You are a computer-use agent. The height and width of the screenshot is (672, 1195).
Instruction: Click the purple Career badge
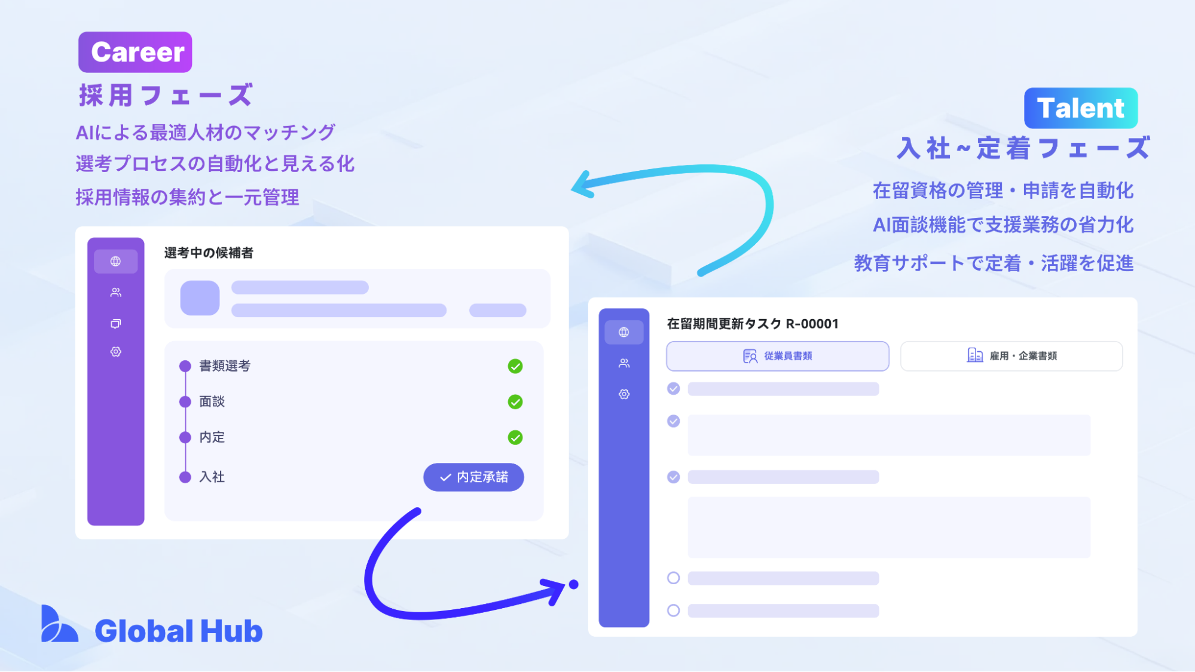pyautogui.click(x=135, y=52)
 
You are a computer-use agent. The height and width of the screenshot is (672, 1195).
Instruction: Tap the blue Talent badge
pyautogui.click(x=1080, y=108)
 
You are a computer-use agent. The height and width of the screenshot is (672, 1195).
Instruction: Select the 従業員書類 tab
pyautogui.click(x=777, y=356)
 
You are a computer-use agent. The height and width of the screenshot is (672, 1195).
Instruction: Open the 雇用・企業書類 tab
pyautogui.click(x=1011, y=356)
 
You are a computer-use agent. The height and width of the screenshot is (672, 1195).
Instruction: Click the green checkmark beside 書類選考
pyautogui.click(x=515, y=366)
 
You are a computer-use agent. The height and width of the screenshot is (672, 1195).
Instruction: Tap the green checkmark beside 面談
pyautogui.click(x=515, y=402)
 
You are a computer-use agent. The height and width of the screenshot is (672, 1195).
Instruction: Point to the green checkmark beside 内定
pyautogui.click(x=515, y=438)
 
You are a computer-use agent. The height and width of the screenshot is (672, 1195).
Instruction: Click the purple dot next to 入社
pyautogui.click(x=185, y=477)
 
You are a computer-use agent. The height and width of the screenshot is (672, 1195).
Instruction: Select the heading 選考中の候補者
pyautogui.click(x=209, y=253)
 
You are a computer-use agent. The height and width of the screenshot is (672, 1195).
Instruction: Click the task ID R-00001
pyautogui.click(x=812, y=324)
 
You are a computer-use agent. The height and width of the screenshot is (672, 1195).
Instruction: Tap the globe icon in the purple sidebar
pyautogui.click(x=115, y=262)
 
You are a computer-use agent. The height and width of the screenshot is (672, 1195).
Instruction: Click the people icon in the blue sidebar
pyautogui.click(x=624, y=363)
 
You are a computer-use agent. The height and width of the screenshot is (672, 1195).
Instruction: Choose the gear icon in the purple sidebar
pyautogui.click(x=115, y=352)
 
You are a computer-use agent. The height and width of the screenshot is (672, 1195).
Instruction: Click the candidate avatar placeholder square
pyautogui.click(x=200, y=298)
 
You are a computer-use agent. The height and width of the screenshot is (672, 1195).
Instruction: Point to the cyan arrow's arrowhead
pyautogui.click(x=583, y=185)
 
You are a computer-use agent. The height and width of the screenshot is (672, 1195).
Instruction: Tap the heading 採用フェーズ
pyautogui.click(x=166, y=96)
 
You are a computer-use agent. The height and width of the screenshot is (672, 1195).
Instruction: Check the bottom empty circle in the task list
pyautogui.click(x=673, y=610)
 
